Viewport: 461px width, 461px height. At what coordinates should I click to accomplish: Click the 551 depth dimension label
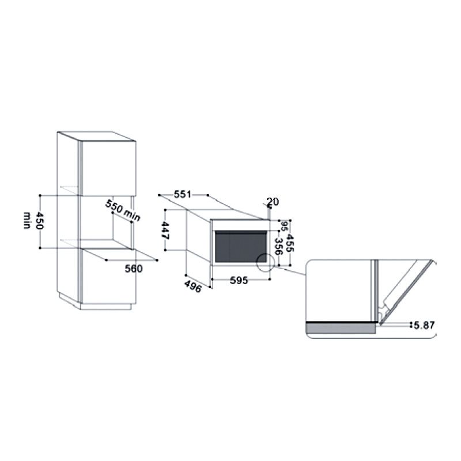click(182, 194)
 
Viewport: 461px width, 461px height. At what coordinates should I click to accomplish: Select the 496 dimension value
click(193, 286)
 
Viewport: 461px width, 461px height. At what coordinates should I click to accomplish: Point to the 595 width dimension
click(239, 280)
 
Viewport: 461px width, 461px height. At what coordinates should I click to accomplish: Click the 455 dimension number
click(290, 243)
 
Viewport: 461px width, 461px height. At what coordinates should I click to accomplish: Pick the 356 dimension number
click(278, 246)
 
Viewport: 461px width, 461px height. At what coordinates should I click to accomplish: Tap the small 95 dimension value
click(284, 226)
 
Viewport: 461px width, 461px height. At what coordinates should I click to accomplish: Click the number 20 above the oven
click(273, 202)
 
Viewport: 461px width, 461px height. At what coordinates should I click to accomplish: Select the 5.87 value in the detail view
click(424, 325)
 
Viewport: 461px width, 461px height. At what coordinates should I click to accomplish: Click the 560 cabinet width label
click(134, 269)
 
